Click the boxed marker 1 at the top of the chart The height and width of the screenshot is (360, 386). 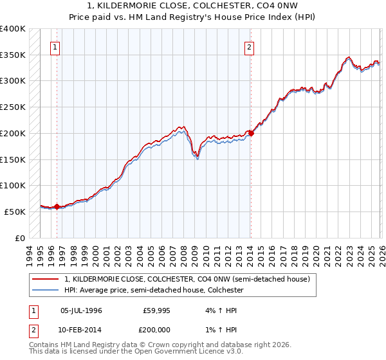tap(55, 47)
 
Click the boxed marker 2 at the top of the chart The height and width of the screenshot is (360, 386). tap(249, 47)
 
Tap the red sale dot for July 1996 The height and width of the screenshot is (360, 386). tap(57, 206)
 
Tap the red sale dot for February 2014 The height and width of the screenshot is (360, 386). tap(250, 133)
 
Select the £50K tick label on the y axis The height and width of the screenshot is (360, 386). tap(15, 212)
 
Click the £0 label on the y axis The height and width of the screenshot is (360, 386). tap(20, 238)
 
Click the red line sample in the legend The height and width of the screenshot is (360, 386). tap(45, 280)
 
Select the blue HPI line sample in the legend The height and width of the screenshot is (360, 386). tap(45, 291)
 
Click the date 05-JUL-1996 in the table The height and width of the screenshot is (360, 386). tap(81, 310)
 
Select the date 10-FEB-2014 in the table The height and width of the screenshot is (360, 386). tap(81, 329)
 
